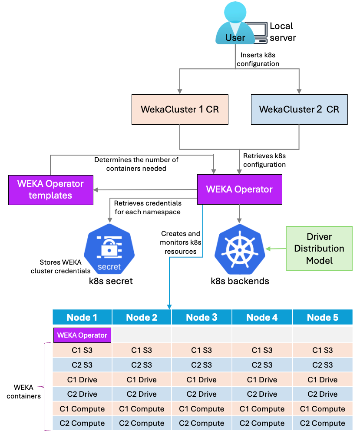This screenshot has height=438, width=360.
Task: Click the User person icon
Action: (235, 24)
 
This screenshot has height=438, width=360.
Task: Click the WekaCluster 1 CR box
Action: (180, 109)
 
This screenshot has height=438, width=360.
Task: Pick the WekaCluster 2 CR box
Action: (299, 109)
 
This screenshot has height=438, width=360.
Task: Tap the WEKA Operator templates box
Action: (50, 189)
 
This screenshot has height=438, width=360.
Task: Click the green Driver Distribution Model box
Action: (319, 249)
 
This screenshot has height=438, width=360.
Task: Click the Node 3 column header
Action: (201, 317)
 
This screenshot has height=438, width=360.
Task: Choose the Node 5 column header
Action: (322, 317)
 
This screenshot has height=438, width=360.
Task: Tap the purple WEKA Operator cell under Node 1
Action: (82, 335)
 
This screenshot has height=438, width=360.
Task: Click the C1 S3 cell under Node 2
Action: (142, 350)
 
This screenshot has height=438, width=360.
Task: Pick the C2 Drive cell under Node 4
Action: (262, 394)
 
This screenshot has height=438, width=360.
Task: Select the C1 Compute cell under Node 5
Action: (322, 409)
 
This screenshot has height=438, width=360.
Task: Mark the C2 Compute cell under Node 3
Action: (201, 423)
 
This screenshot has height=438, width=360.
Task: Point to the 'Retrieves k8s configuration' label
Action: (264, 160)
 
